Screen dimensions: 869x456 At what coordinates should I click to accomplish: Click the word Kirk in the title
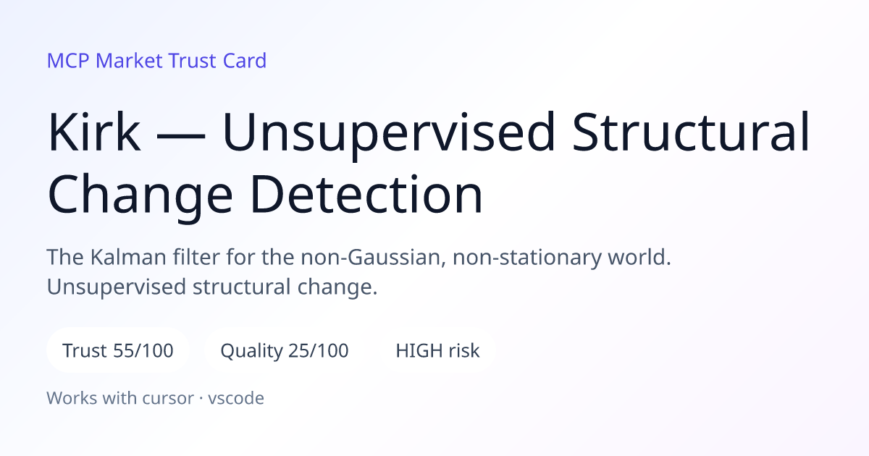click(94, 132)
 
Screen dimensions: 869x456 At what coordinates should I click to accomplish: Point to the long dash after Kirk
click(181, 135)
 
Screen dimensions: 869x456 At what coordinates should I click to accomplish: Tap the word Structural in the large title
click(691, 132)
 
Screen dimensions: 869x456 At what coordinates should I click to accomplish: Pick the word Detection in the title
click(366, 194)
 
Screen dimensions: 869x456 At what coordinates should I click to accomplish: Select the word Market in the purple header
click(129, 61)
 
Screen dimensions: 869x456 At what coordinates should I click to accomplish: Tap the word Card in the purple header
click(245, 61)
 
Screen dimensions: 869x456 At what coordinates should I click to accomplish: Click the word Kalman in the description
click(128, 257)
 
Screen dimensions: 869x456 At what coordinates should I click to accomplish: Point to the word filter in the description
click(196, 257)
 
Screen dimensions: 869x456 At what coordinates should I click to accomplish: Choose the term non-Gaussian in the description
click(373, 258)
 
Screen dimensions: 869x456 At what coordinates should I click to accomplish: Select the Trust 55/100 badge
click(118, 350)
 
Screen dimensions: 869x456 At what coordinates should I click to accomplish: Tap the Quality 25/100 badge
click(285, 350)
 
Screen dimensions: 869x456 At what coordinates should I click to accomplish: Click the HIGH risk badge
click(437, 350)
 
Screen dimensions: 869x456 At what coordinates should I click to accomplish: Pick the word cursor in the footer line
click(168, 398)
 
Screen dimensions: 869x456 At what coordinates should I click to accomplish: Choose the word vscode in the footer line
click(236, 398)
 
